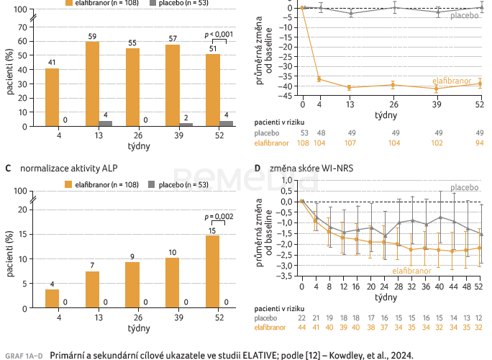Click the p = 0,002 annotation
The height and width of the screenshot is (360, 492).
(219, 216)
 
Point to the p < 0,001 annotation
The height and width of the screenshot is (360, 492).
(219, 34)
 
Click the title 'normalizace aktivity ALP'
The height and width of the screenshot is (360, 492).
(63, 168)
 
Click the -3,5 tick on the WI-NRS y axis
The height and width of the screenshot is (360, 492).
(287, 276)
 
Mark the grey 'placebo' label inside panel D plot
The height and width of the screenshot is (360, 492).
(465, 188)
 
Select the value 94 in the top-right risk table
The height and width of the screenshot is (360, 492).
(479, 143)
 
